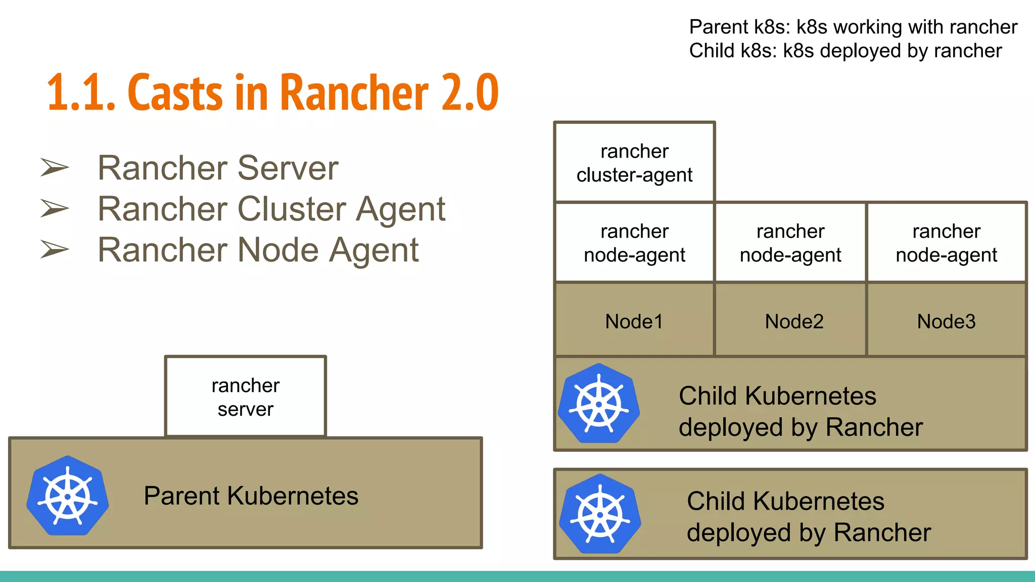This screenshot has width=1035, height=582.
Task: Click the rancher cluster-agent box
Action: (x=634, y=163)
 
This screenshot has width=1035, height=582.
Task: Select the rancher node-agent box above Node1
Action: (x=634, y=243)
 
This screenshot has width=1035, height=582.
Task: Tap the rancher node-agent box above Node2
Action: (x=790, y=243)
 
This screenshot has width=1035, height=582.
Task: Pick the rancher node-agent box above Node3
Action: (x=946, y=243)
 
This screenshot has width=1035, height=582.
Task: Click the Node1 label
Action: (x=634, y=321)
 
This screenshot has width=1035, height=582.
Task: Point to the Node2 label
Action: (x=794, y=321)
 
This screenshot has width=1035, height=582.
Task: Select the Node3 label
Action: (x=946, y=321)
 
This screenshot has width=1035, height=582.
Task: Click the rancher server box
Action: (x=246, y=397)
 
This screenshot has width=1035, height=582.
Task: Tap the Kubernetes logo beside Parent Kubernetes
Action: (x=68, y=496)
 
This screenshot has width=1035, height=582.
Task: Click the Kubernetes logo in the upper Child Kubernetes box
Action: (x=599, y=404)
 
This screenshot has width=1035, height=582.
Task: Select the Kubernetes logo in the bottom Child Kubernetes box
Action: (x=600, y=514)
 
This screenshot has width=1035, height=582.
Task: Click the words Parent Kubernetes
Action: (x=251, y=496)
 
